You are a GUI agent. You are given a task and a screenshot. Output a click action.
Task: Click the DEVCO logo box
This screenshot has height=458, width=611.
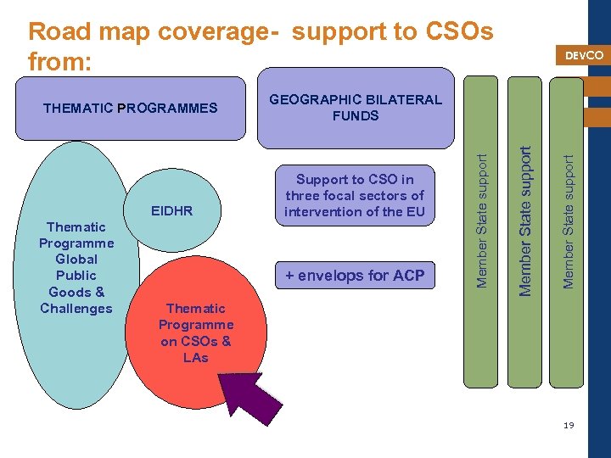coord(584,55)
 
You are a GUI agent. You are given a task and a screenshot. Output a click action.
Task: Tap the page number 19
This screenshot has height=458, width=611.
coord(569,424)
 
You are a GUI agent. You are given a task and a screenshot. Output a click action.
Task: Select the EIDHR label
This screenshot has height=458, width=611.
coord(171,210)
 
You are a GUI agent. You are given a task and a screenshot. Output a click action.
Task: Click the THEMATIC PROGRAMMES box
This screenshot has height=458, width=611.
coord(130,109)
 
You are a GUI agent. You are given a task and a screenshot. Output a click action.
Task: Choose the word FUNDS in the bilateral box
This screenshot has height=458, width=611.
coord(356,115)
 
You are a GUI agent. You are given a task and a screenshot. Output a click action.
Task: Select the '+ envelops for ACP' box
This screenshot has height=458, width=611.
coord(355,276)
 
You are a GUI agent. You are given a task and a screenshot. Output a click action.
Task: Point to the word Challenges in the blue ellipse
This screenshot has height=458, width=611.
coord(76,308)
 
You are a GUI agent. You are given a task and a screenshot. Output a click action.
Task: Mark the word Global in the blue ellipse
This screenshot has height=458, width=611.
coord(76,260)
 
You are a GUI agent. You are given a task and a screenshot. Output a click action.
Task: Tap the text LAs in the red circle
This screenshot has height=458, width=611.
coord(195,357)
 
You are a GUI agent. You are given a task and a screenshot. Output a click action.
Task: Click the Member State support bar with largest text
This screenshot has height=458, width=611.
coord(526,221)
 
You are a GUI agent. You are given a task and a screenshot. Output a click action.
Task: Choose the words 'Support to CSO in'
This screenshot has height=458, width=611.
coord(355,179)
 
